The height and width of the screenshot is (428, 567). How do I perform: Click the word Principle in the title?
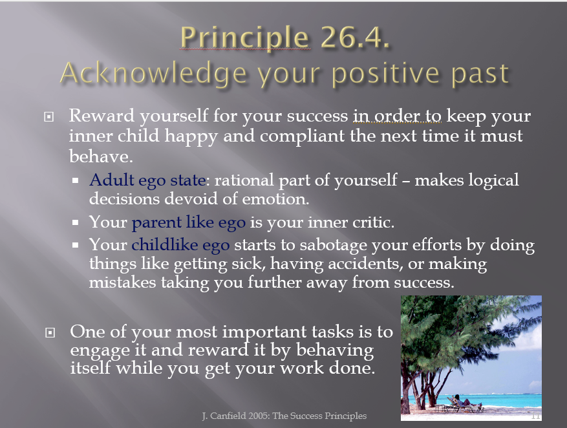click(x=244, y=38)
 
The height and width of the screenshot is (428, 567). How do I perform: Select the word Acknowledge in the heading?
click(x=153, y=73)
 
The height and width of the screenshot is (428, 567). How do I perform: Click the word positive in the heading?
click(x=385, y=74)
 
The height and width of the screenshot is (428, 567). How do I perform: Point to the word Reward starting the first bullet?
click(x=102, y=116)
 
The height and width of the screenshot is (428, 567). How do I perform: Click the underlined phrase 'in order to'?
click(x=397, y=116)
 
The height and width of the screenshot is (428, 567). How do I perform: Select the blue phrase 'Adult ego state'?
click(x=147, y=180)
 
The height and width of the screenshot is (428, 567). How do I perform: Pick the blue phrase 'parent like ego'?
click(x=188, y=222)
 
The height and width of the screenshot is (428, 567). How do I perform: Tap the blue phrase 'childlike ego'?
click(x=180, y=246)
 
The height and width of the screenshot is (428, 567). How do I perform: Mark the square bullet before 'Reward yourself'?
click(x=49, y=117)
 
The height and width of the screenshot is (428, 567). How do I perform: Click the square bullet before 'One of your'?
click(x=50, y=332)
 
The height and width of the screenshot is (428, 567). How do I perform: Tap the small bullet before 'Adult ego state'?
click(x=75, y=180)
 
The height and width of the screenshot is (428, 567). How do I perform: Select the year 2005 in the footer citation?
click(x=259, y=416)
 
